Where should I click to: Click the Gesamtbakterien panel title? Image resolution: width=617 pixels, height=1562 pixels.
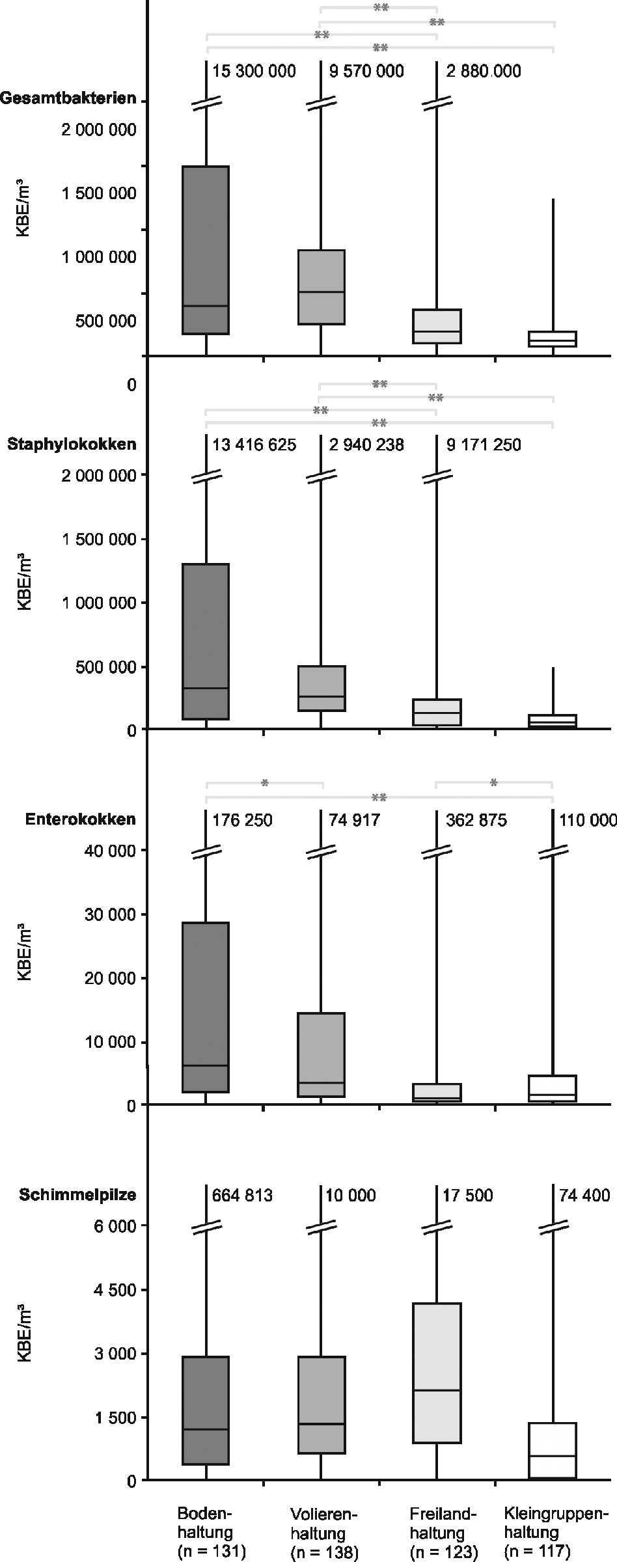click(68, 98)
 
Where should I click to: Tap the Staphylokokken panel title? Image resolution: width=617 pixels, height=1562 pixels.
click(72, 445)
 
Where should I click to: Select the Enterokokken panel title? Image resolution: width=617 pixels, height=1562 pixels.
click(80, 819)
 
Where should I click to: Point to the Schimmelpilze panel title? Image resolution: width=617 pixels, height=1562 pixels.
click(77, 1195)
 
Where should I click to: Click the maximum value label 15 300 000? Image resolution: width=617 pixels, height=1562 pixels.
click(254, 71)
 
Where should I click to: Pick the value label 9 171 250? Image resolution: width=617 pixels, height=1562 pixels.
click(484, 445)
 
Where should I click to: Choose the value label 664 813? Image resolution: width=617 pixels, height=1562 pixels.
click(242, 1195)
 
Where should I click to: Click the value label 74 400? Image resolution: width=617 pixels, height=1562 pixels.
click(584, 1195)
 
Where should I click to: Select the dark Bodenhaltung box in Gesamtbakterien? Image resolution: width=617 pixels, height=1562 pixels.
click(206, 250)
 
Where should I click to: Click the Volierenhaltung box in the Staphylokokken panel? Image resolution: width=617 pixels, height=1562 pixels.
click(321, 688)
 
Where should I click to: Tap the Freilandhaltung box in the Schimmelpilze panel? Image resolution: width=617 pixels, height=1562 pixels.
click(436, 1372)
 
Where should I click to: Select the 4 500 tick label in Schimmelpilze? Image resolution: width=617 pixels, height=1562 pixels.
click(115, 1290)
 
